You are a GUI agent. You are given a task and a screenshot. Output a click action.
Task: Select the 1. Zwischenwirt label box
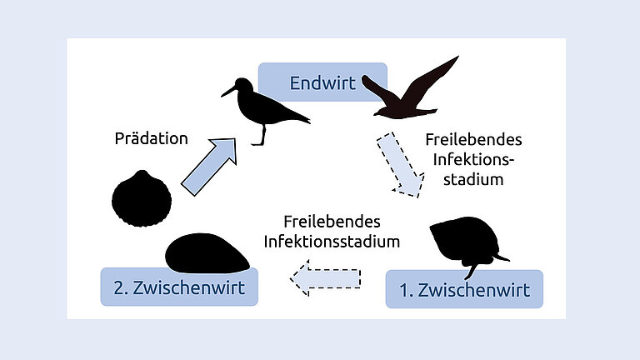[464, 290]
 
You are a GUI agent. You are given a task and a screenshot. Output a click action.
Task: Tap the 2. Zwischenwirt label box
[179, 287]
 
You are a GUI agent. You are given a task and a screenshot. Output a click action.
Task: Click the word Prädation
[152, 138]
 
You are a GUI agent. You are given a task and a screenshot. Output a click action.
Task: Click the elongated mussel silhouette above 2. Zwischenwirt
[206, 253]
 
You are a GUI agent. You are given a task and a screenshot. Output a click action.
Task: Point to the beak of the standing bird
[227, 91]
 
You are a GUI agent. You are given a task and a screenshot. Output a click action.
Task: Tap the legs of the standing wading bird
[262, 134]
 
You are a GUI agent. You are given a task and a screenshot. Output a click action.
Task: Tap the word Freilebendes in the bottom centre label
[332, 222]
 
